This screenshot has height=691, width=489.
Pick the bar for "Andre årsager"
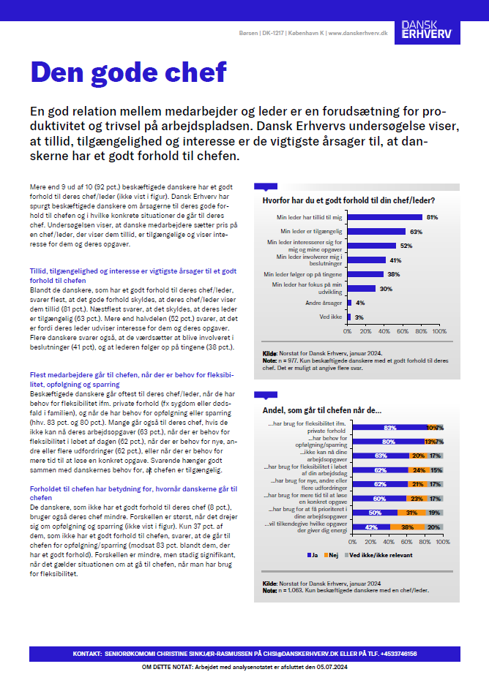351,302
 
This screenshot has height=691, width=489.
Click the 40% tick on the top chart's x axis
384,331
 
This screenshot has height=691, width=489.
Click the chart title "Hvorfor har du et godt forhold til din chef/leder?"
348,200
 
